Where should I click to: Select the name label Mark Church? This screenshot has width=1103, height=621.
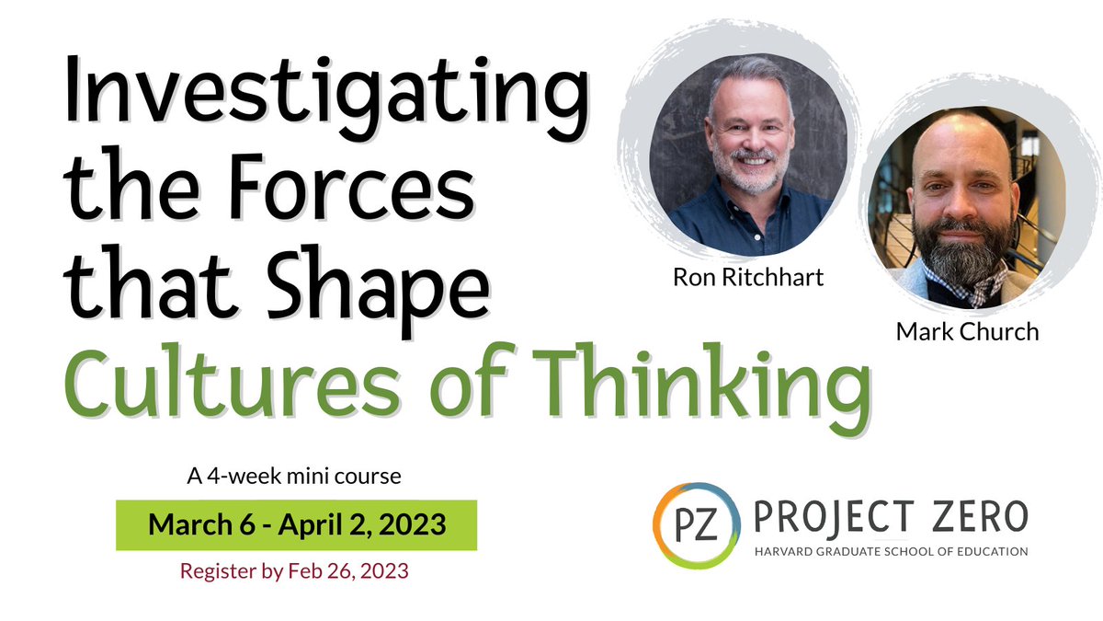point(967,330)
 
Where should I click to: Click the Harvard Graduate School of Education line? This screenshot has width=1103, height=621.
point(889,552)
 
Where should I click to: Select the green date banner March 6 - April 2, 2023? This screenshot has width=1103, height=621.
point(297,525)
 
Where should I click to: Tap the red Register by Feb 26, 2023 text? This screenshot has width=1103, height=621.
point(294,570)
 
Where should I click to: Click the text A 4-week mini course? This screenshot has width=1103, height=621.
point(293,478)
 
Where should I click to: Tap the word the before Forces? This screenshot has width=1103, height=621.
point(129,193)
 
